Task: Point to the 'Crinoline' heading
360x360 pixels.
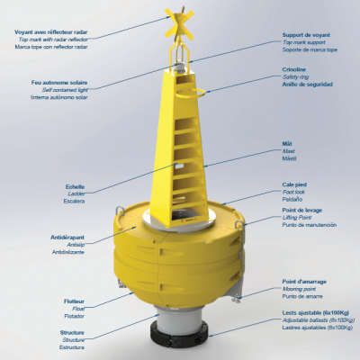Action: click(296, 67)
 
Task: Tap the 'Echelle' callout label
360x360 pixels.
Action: click(75, 186)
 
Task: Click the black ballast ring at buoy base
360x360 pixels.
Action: click(180, 340)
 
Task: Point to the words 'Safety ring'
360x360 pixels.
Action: click(296, 76)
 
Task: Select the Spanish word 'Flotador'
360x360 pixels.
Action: click(73, 317)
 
